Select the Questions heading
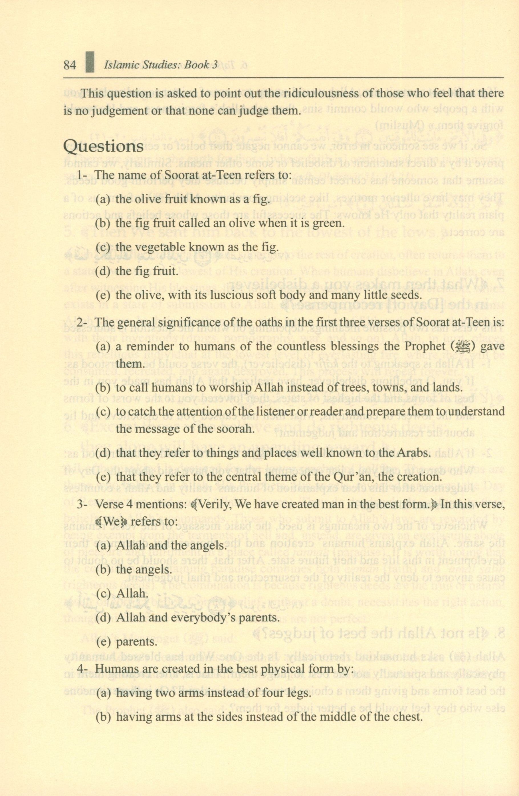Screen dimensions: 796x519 [103, 146]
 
